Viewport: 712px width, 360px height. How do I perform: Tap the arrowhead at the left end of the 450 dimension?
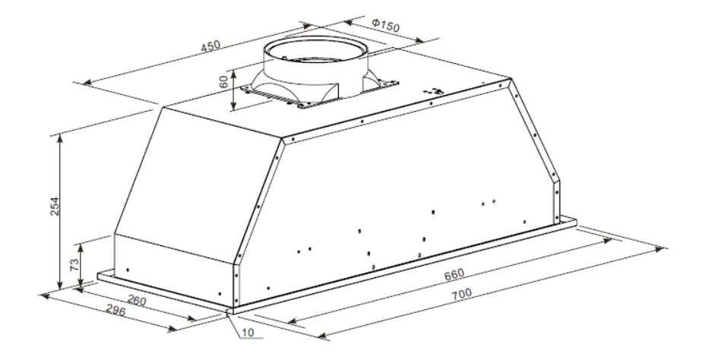pyautogui.click(x=86, y=81)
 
